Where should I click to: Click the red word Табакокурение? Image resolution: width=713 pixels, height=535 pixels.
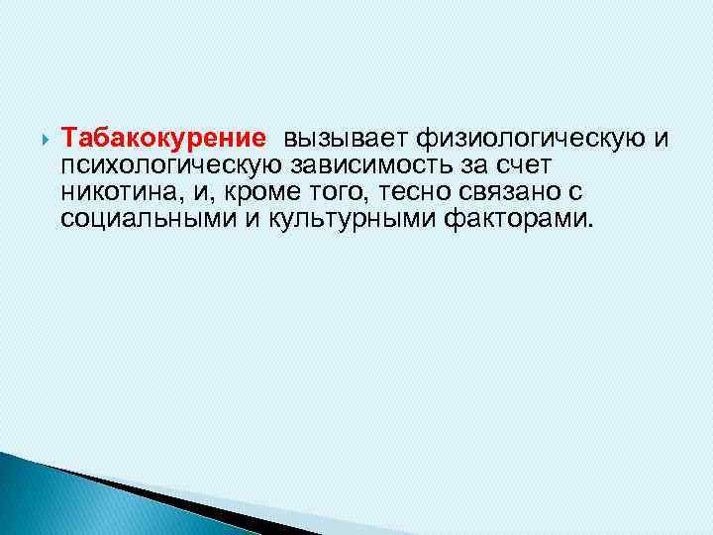(162, 137)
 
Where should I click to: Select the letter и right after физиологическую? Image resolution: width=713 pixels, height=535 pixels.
(662, 137)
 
